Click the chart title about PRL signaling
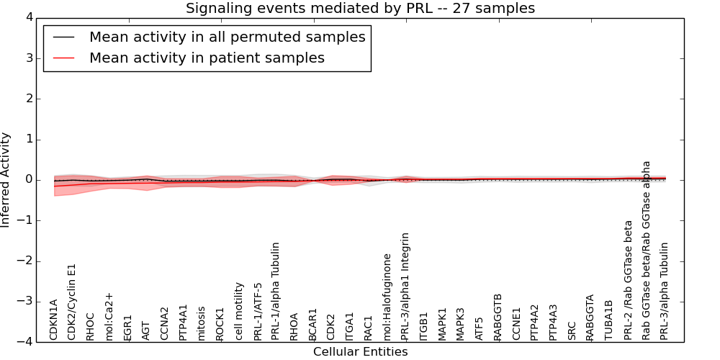[360, 9]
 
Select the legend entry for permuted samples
[227, 37]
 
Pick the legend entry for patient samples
[207, 58]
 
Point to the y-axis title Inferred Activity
[6, 179]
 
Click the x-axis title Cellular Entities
[360, 352]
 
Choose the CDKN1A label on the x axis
[54, 320]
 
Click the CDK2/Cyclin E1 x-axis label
[72, 302]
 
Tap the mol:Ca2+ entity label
[109, 316]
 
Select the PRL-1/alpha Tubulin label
[276, 291]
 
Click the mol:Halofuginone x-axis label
[387, 297]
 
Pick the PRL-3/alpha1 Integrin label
[406, 286]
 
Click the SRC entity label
[572, 330]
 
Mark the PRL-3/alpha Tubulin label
[665, 291]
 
